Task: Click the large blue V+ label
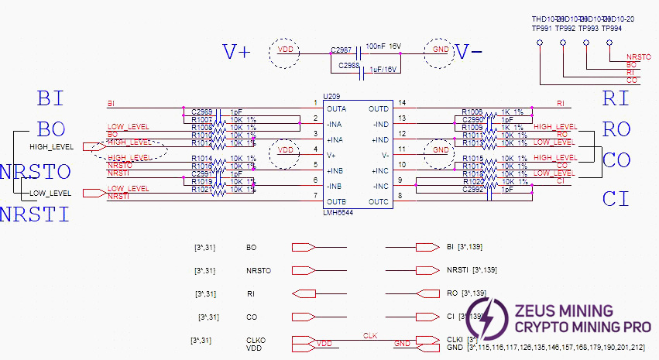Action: click(237, 52)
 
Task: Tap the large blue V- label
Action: click(469, 52)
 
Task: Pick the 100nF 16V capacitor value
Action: click(383, 46)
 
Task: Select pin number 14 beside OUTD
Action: click(401, 102)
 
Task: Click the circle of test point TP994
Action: click(609, 42)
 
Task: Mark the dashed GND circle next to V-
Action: click(440, 53)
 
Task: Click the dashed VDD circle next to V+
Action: click(285, 53)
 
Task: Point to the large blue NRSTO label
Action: click(36, 172)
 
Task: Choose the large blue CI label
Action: click(616, 199)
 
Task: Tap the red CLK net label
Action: click(369, 335)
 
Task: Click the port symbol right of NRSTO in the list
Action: click(303, 271)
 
